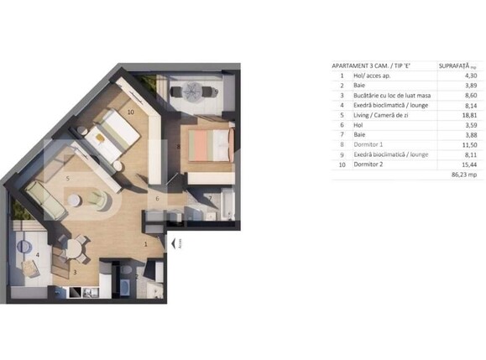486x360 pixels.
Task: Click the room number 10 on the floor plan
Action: click(x=131, y=110)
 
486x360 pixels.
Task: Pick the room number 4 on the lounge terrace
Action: click(x=37, y=254)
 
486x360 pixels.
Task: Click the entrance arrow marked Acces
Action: click(x=173, y=244)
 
